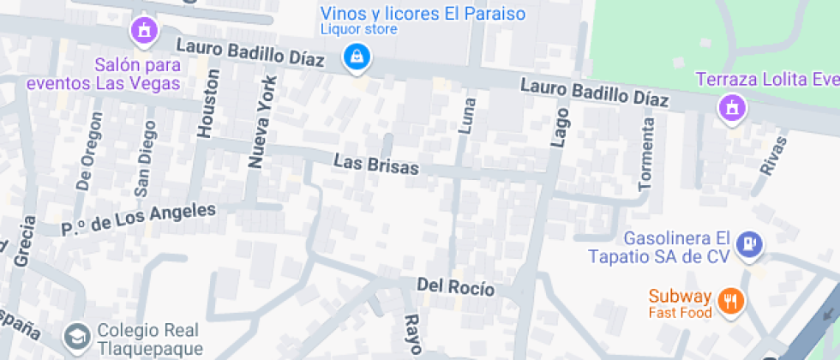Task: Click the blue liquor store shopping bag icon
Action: [354, 58]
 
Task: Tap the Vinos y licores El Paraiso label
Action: [423, 15]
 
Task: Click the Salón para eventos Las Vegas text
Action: [104, 74]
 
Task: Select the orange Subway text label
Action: [680, 297]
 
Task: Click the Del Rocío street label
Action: [455, 287]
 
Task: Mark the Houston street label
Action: [208, 103]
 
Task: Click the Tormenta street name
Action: [647, 153]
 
